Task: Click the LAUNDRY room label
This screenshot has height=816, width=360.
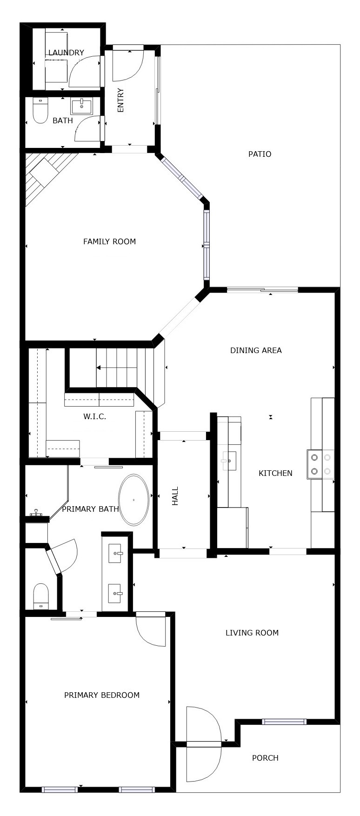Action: point(66,53)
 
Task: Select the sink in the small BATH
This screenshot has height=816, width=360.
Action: point(82,106)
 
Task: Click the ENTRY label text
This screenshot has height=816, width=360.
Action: point(121,100)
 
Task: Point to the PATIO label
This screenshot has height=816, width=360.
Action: point(260,154)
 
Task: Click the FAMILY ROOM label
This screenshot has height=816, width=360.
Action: point(109,241)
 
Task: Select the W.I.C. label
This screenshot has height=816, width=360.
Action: point(95,417)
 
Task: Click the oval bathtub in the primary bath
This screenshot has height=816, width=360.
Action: point(134,500)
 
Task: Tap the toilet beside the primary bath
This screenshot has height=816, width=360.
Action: point(41,596)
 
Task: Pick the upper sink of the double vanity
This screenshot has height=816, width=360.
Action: point(115,554)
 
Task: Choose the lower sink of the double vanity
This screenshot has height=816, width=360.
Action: point(115,594)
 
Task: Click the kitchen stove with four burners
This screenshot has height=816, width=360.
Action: point(321,464)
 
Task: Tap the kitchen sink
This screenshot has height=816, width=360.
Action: point(229,461)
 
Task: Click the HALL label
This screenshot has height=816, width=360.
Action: point(175,496)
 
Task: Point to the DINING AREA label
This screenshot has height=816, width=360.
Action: point(256,350)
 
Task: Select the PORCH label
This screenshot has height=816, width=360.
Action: point(265,758)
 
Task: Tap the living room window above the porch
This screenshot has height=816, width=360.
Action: point(284,722)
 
